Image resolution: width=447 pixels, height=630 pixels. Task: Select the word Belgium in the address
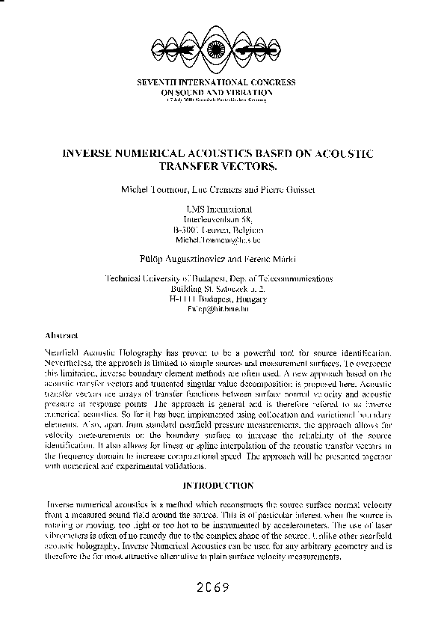246,231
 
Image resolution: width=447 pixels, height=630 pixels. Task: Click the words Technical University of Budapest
162,278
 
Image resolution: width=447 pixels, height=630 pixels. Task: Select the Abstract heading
57,334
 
